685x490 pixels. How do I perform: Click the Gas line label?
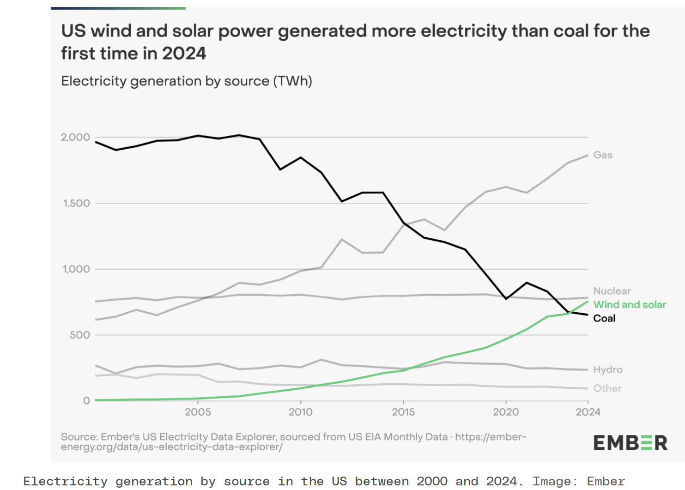click(x=603, y=155)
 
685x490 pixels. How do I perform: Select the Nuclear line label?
click(x=612, y=291)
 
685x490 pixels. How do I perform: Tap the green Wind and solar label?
click(x=630, y=305)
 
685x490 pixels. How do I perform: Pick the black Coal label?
click(x=604, y=318)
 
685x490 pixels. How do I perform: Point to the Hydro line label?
click(x=608, y=369)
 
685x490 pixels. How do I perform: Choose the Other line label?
click(x=607, y=388)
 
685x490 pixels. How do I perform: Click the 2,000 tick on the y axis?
click(x=75, y=137)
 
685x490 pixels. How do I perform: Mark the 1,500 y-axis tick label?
click(x=76, y=203)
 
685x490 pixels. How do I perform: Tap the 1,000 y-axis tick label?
click(x=76, y=269)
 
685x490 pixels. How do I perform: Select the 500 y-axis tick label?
click(x=80, y=335)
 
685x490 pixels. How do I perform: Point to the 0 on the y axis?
click(x=86, y=401)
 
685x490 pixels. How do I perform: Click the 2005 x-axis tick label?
click(x=198, y=412)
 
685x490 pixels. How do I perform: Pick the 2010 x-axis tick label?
click(x=301, y=412)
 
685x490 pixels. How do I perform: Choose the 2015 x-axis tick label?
click(x=403, y=412)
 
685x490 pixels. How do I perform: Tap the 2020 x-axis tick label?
click(x=506, y=412)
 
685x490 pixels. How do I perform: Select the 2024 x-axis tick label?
click(x=588, y=412)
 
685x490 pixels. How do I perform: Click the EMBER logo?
click(x=630, y=443)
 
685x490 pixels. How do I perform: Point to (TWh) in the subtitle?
click(x=292, y=81)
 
